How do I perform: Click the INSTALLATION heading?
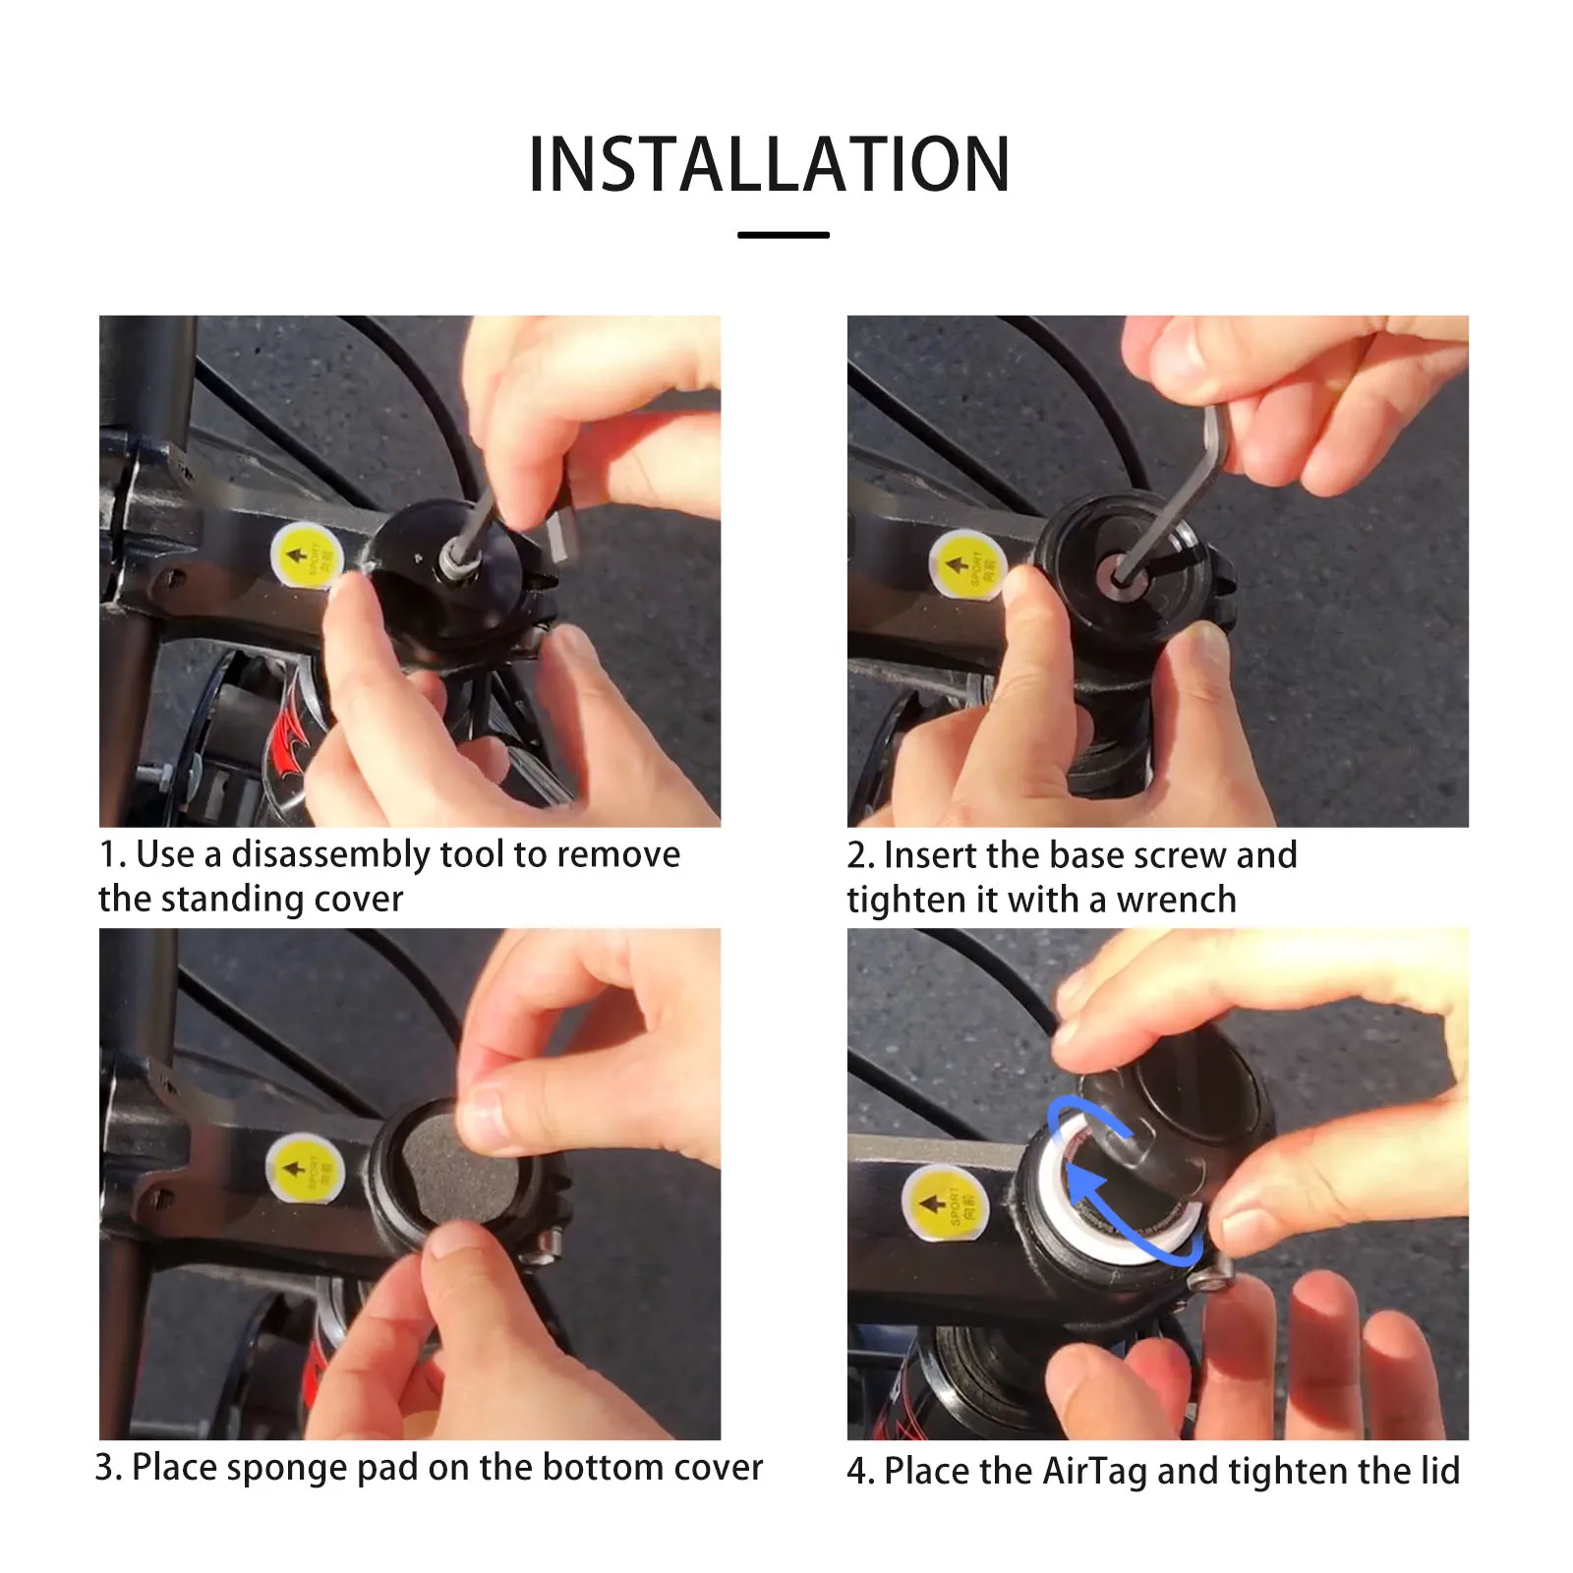point(769,164)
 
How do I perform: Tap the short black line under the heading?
point(783,235)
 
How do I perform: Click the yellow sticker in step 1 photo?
point(306,556)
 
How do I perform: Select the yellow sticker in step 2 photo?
point(966,564)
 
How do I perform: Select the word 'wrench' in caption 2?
point(1176,900)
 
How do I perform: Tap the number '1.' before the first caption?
point(112,855)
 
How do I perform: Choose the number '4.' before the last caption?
point(860,1472)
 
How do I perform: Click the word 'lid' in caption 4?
point(1439,1471)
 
